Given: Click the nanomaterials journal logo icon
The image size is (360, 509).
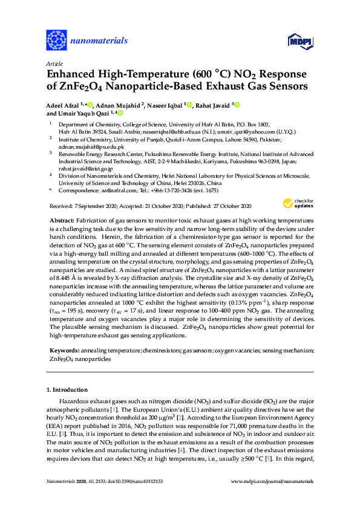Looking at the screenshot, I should point(56,41).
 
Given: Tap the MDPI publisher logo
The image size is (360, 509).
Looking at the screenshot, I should point(301,41).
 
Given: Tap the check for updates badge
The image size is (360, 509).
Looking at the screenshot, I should point(303,203).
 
